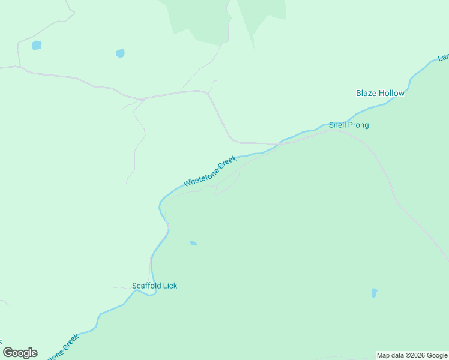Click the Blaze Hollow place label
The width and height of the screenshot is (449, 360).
pyautogui.click(x=380, y=93)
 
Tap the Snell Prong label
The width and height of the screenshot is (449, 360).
pyautogui.click(x=348, y=125)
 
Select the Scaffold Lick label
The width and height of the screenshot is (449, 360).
pyautogui.click(x=154, y=286)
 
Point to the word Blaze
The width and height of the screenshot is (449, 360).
pyautogui.click(x=367, y=93)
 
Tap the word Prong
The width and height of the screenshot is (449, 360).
pyautogui.click(x=358, y=125)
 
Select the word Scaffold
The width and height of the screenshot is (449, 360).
pyautogui.click(x=146, y=286)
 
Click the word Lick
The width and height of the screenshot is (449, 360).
pyautogui.click(x=170, y=286)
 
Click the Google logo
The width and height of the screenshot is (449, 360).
pyautogui.click(x=20, y=353)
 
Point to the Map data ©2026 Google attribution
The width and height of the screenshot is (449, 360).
pyautogui.click(x=412, y=355)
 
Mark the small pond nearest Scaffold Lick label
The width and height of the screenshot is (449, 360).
pyautogui.click(x=193, y=243)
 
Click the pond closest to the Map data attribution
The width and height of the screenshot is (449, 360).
pyautogui.click(x=374, y=293)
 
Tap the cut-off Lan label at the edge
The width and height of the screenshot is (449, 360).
pyautogui.click(x=443, y=58)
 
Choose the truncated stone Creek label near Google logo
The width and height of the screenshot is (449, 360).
pyautogui.click(x=63, y=347)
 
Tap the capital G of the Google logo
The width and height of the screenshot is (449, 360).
pyautogui.click(x=8, y=352)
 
